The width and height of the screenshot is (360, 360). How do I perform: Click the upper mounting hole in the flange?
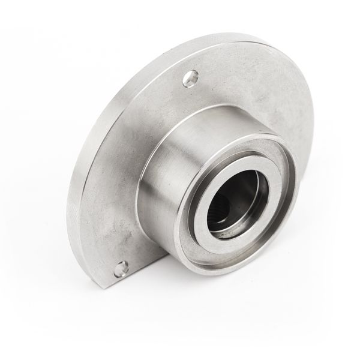(190, 78)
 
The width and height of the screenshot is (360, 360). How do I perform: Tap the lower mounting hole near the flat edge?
(122, 268)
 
